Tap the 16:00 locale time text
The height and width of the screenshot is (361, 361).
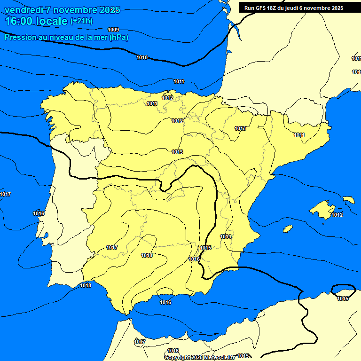point(36,21)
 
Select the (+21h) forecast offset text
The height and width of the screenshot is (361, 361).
point(81,21)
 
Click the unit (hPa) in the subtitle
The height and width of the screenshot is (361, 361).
point(118,37)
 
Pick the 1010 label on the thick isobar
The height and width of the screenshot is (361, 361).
point(142,57)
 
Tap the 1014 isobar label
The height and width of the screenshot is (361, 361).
point(226,236)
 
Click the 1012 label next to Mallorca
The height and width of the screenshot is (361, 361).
point(337,215)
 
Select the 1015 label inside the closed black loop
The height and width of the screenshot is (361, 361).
point(343,298)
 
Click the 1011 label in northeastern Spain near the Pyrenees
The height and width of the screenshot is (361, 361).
point(299,135)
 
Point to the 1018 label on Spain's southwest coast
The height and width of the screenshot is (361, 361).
point(86,285)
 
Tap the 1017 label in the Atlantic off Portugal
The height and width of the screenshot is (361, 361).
point(5,194)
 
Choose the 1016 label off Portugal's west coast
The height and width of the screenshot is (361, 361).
point(39,213)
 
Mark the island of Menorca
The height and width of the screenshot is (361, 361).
point(349,200)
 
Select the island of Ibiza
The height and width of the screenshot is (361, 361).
point(288,229)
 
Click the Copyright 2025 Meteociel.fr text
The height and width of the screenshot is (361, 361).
point(199,357)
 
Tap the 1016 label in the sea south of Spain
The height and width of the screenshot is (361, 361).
point(165,302)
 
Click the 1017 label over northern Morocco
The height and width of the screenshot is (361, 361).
point(140,342)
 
